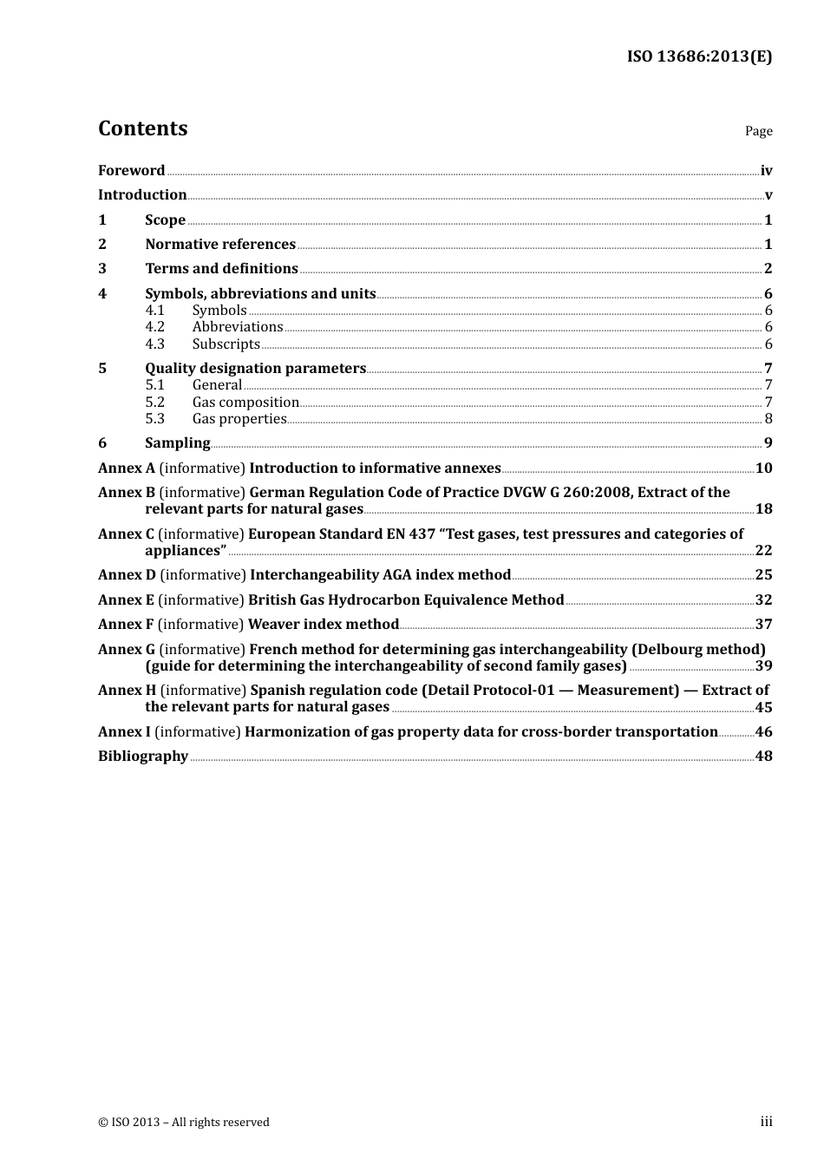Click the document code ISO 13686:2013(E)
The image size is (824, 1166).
(699, 56)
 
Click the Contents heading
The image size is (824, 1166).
(142, 128)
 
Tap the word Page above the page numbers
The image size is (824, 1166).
(758, 131)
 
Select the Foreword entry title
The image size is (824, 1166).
(131, 171)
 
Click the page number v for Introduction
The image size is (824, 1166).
(768, 195)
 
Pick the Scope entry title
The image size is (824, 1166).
(165, 220)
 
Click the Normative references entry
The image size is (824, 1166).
(220, 245)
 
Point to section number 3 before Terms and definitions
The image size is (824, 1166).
(102, 269)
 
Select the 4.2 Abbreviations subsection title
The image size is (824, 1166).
(238, 327)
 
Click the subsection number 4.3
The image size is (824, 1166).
(154, 344)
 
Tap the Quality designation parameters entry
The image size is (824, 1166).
(255, 369)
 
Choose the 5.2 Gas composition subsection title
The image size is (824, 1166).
(245, 403)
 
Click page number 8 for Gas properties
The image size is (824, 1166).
(768, 419)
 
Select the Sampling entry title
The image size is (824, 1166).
(177, 443)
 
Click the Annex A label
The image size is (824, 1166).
(127, 468)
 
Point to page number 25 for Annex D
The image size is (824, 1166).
(763, 575)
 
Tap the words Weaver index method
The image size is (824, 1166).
(323, 625)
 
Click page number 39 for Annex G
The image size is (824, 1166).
(763, 666)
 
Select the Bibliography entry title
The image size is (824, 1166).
(143, 757)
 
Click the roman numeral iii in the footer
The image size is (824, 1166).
(766, 1122)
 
